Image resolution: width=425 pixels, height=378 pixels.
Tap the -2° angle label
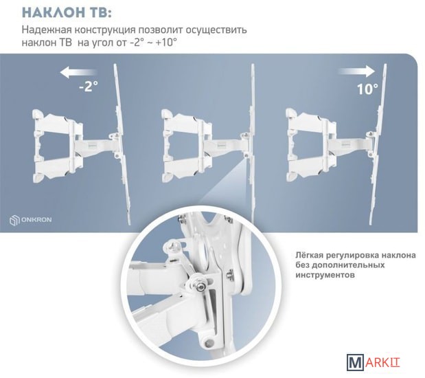pos(89,86)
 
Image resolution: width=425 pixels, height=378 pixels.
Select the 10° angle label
pos(367,89)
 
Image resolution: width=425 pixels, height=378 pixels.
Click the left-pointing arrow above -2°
pos(78,72)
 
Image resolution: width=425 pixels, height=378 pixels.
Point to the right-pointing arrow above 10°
pos(357,71)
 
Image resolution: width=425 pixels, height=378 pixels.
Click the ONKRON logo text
pos(36,219)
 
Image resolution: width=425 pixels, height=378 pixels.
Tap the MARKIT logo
pos(374,362)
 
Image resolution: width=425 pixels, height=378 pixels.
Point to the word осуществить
pos(216,30)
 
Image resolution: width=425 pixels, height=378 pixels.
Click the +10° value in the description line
pos(166,43)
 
